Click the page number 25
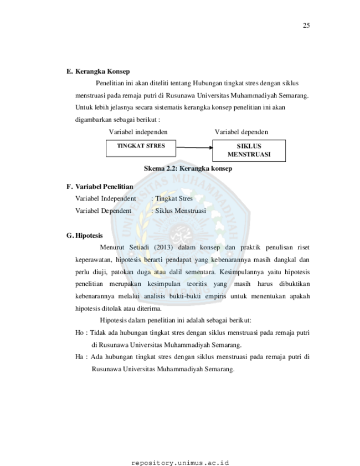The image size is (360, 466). [306, 25]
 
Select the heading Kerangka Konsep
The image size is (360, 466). [102, 71]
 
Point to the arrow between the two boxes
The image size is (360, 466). [194, 147]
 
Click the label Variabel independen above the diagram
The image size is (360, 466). [138, 132]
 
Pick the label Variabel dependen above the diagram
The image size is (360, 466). [241, 132]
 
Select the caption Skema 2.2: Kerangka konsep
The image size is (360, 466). [188, 168]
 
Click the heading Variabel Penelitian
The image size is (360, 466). [104, 187]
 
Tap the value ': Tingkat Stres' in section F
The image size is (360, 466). [172, 198]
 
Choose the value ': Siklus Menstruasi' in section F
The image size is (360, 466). [178, 211]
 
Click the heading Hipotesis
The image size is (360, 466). [89, 235]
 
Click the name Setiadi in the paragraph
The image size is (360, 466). [138, 247]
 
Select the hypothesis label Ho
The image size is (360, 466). [79, 332]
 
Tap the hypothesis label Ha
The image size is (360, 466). [79, 357]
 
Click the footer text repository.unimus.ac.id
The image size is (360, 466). [180, 463]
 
